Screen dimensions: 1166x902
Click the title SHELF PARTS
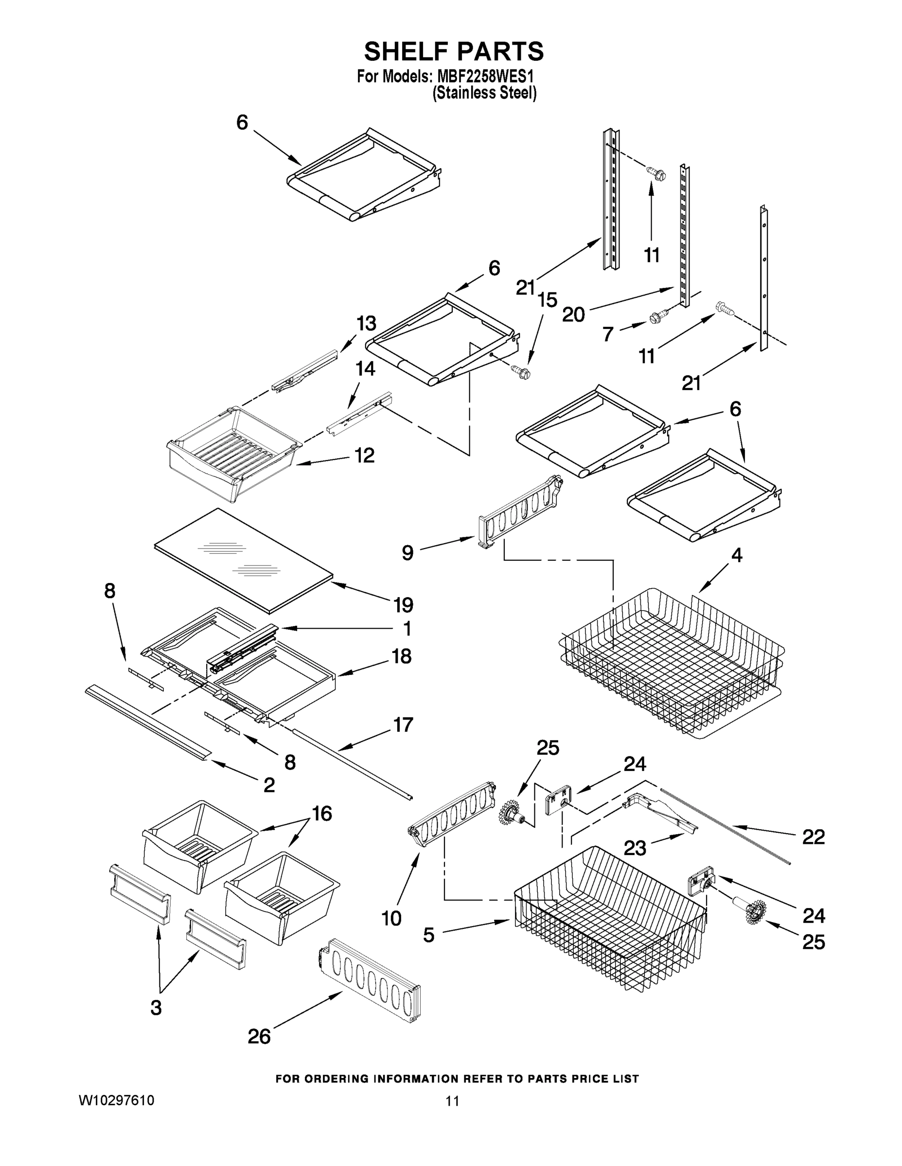coord(454,52)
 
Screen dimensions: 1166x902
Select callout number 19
coord(404,605)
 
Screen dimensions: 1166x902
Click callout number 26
coord(259,1037)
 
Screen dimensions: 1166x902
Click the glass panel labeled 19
coord(243,558)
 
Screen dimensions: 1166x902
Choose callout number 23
coord(635,848)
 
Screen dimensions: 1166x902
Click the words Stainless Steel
coord(484,93)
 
